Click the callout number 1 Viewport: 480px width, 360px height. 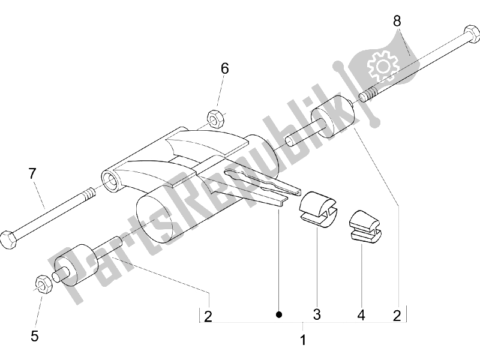tap(303, 340)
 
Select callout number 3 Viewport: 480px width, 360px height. tap(317, 314)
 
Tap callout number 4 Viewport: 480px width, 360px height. tap(361, 314)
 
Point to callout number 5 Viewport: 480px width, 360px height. tap(34, 337)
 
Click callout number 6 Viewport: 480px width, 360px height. tap(224, 68)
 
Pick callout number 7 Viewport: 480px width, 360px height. tap(32, 174)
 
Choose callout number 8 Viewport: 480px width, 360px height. tap(397, 21)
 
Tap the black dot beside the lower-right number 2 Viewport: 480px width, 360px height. tap(279, 314)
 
